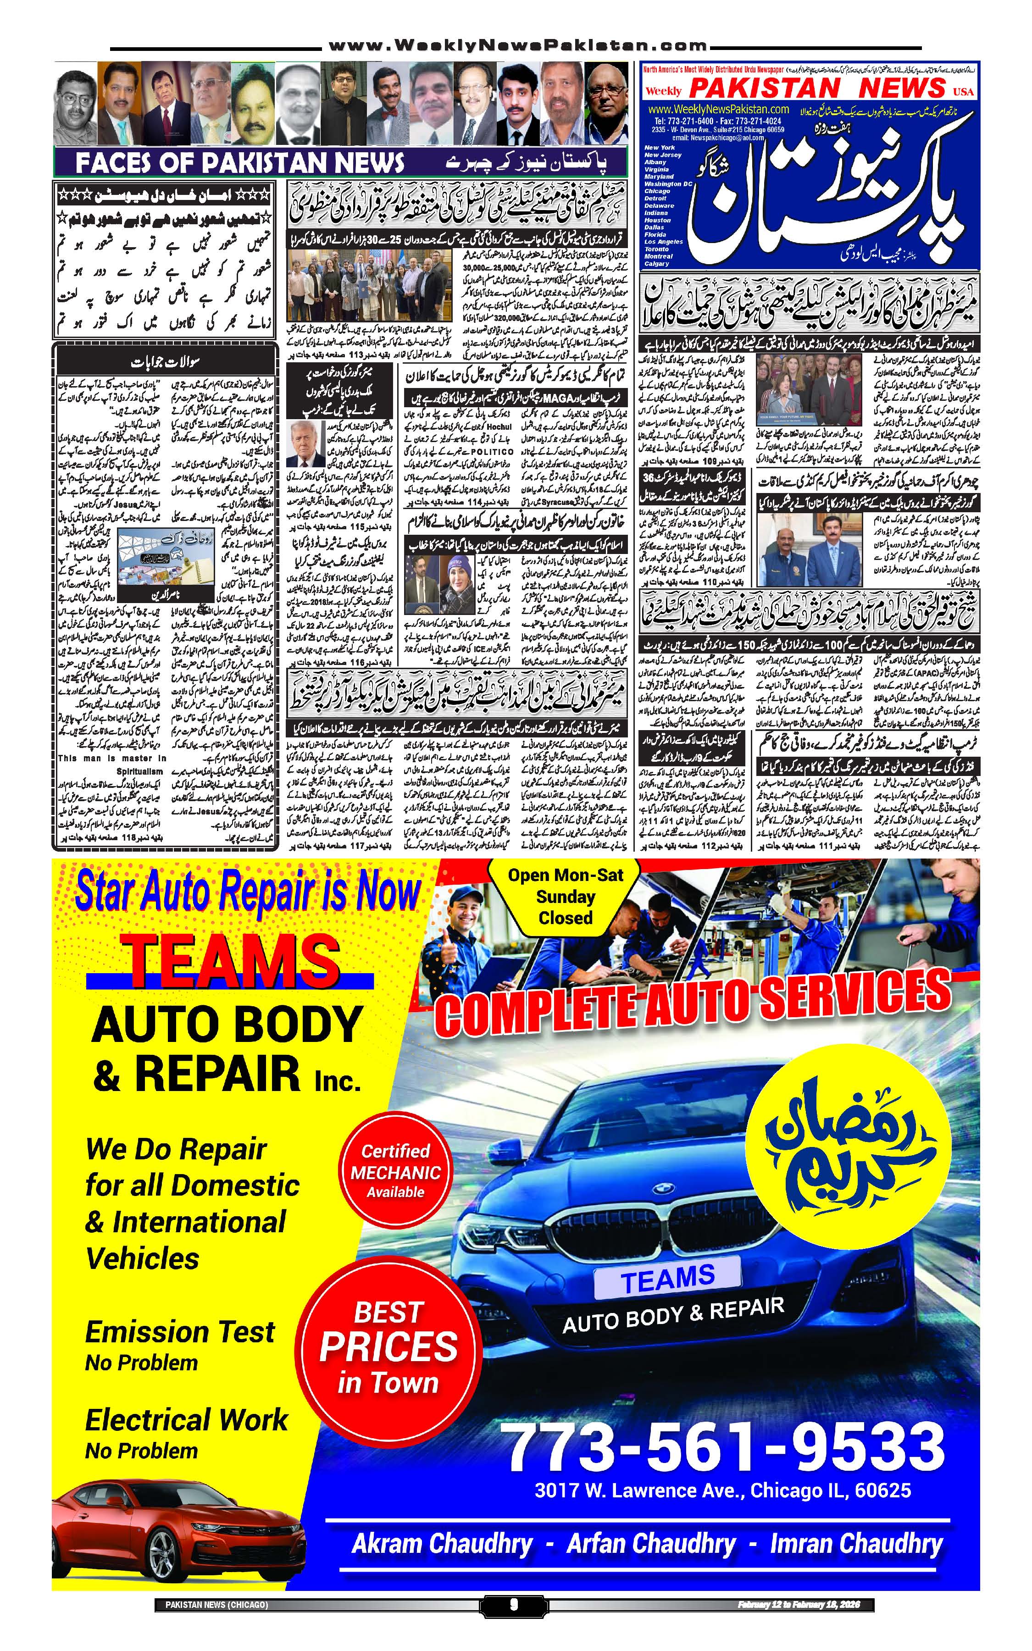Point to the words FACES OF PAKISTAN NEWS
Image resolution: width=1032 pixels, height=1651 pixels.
pos(239,163)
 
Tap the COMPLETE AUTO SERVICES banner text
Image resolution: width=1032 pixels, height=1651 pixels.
pos(692,997)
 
